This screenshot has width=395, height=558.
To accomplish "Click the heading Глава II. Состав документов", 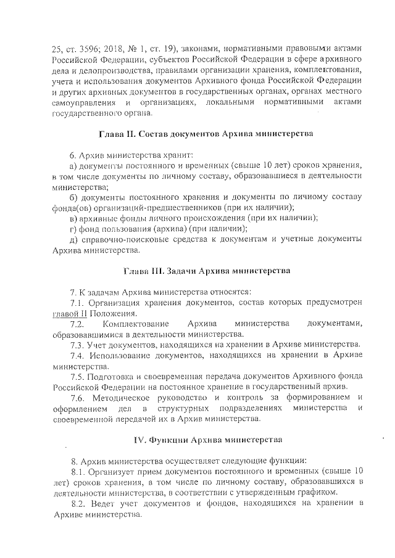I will click(x=207, y=134).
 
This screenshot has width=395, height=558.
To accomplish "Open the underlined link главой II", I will click(x=68, y=313).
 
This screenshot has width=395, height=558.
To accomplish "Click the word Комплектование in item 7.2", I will click(x=133, y=323).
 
